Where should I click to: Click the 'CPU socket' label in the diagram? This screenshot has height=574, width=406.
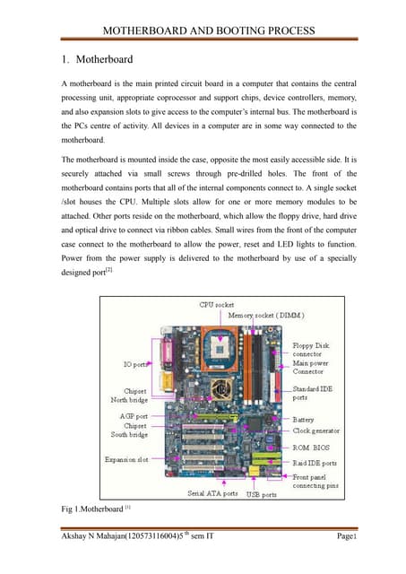pyautogui.click(x=217, y=306)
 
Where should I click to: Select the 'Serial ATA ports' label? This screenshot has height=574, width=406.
pyautogui.click(x=212, y=493)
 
